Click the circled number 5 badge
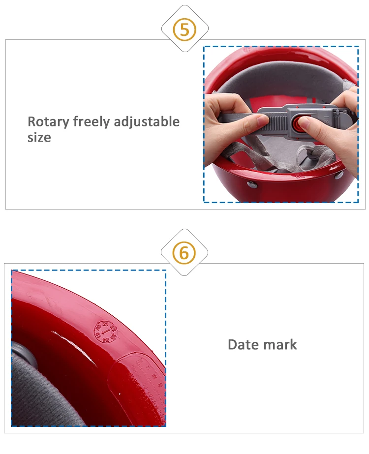click(184, 30)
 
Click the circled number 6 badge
click(184, 253)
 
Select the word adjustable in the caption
click(147, 121)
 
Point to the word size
click(39, 137)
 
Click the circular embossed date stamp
click(106, 332)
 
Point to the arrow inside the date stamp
click(106, 333)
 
